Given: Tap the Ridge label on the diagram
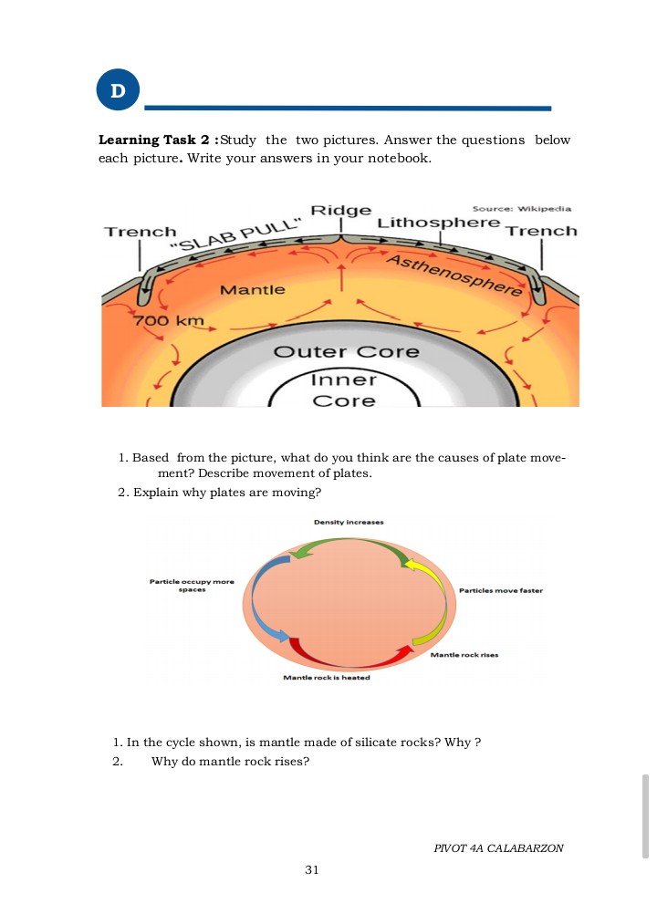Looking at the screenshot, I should (341, 211).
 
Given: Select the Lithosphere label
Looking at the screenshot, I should (439, 223).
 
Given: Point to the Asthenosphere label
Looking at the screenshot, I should (456, 275).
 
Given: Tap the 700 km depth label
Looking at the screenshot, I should (169, 321).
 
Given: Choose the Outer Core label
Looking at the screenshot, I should (347, 352).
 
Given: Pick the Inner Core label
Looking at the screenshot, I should (343, 390).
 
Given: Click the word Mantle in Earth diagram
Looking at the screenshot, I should (253, 290).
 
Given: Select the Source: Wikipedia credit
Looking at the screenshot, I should (521, 208).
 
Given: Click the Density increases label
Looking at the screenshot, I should (349, 522).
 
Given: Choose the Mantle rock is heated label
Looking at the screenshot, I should (326, 678).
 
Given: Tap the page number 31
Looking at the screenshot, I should (312, 870).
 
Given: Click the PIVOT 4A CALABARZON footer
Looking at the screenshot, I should (498, 848).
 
